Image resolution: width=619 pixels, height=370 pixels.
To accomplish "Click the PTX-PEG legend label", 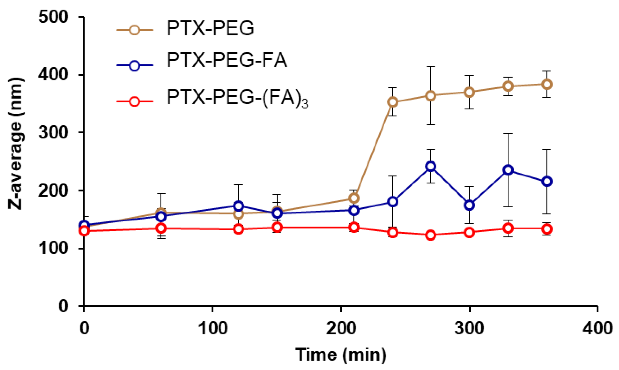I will click(x=210, y=28).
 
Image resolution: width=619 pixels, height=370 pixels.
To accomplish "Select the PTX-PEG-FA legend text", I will click(x=227, y=60).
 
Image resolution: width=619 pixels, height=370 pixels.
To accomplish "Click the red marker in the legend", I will click(x=135, y=102).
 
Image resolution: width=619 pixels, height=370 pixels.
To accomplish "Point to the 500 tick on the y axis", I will click(x=53, y=17).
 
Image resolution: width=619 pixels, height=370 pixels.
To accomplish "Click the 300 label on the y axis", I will click(x=53, y=133).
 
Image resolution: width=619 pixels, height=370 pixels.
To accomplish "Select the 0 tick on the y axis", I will click(x=63, y=306).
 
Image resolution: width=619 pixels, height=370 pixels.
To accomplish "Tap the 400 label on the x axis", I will click(x=597, y=328).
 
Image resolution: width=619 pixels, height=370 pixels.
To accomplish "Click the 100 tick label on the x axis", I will click(x=213, y=328).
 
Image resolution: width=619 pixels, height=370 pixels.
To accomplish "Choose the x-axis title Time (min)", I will click(x=341, y=355).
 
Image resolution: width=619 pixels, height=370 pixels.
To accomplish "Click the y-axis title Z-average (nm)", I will click(x=16, y=144).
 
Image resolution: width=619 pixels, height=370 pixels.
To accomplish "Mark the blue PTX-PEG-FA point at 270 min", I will click(x=431, y=166).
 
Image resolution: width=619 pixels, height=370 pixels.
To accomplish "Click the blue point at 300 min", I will click(x=469, y=205).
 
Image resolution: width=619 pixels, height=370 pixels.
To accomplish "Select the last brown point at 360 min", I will click(x=547, y=84).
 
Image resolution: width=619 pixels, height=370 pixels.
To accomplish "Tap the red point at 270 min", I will click(x=431, y=235).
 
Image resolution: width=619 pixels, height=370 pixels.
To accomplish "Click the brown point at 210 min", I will click(x=354, y=198).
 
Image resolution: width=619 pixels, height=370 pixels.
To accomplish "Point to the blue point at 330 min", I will click(x=508, y=170).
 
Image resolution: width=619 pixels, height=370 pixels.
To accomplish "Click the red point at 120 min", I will click(x=239, y=229).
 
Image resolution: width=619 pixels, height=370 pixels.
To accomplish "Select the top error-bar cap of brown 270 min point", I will click(x=431, y=67).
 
